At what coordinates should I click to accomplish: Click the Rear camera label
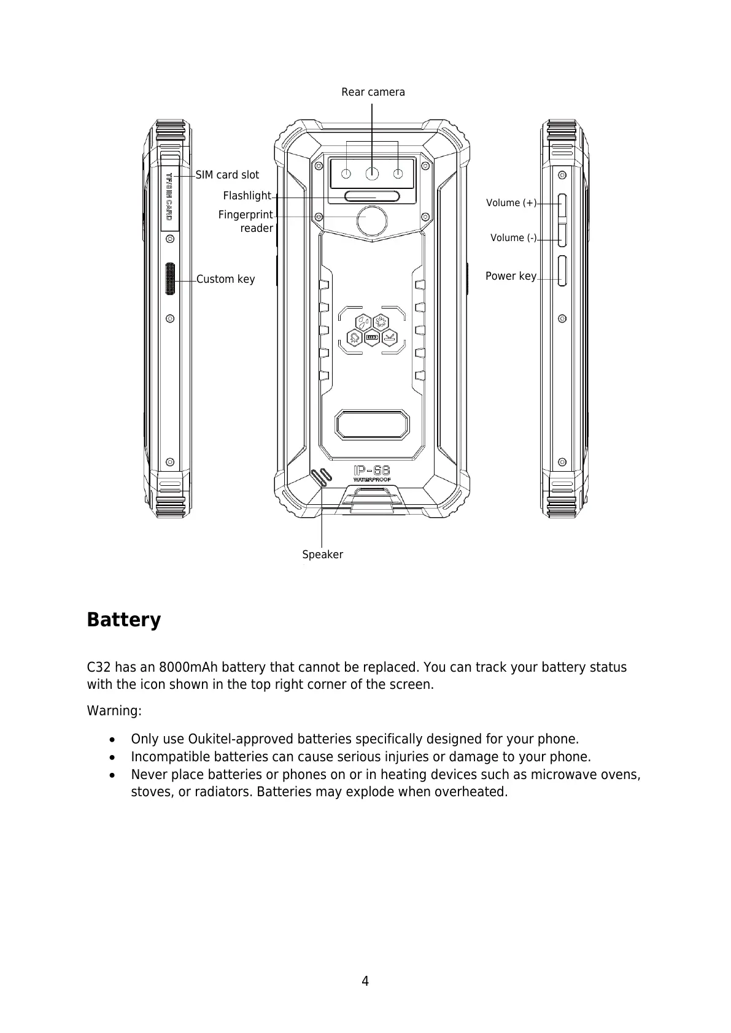(x=373, y=92)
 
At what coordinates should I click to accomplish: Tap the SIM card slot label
(x=227, y=175)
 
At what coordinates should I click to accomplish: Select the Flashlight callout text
(x=247, y=196)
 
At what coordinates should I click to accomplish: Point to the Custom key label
(x=225, y=279)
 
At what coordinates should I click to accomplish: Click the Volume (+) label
(x=511, y=203)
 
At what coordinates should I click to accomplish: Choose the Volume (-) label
(x=513, y=238)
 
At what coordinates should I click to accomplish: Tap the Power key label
(x=511, y=276)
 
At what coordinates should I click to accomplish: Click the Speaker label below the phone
(x=322, y=555)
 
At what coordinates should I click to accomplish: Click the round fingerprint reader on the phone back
(x=372, y=221)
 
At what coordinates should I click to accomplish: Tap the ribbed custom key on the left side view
(x=171, y=279)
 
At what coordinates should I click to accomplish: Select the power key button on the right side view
(x=562, y=271)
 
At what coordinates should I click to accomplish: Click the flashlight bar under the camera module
(x=372, y=196)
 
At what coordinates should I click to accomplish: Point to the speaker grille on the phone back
(x=321, y=477)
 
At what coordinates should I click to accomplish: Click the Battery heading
(x=124, y=620)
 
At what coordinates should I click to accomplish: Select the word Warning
(x=114, y=711)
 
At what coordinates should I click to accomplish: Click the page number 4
(x=365, y=981)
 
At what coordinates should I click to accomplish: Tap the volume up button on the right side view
(x=562, y=206)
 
